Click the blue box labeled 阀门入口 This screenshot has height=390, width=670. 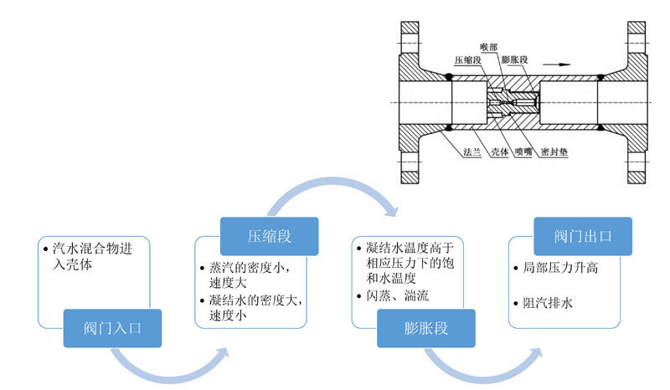(113, 327)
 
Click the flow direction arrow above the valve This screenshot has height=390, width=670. (559, 61)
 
